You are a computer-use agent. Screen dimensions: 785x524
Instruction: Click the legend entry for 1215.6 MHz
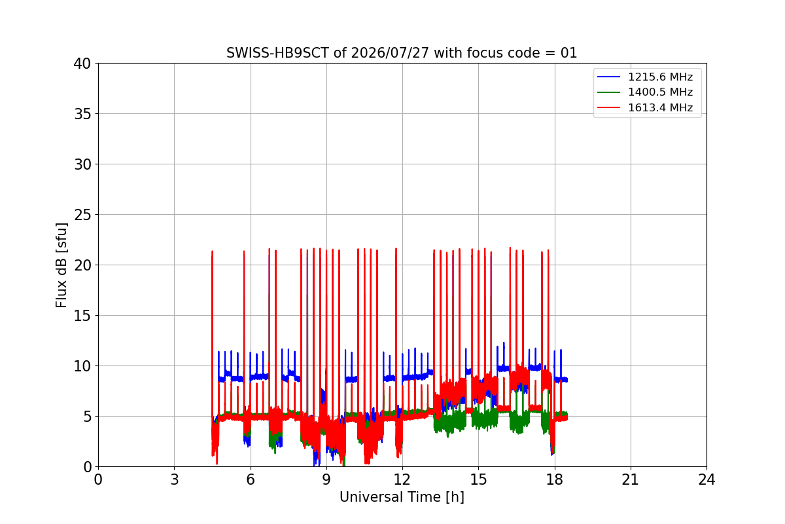click(x=645, y=77)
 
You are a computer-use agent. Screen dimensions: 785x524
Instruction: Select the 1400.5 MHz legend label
click(x=660, y=92)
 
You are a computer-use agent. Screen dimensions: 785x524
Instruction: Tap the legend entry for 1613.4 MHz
click(x=645, y=107)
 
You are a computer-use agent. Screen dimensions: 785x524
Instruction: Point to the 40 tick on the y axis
click(x=82, y=64)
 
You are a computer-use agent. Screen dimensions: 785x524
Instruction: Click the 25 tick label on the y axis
click(x=82, y=215)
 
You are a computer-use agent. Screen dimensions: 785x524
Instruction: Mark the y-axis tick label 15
click(x=82, y=316)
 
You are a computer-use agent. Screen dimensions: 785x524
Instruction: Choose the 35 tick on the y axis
click(x=82, y=114)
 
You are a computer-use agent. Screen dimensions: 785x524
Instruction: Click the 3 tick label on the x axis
click(x=175, y=479)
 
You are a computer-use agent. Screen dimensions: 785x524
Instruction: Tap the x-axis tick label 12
click(x=402, y=479)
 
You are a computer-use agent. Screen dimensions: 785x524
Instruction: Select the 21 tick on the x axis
click(x=631, y=479)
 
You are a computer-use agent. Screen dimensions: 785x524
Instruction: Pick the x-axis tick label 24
click(x=706, y=479)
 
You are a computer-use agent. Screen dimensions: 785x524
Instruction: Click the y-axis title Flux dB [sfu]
click(x=61, y=265)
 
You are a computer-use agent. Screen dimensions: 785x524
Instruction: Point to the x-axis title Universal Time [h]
click(x=402, y=497)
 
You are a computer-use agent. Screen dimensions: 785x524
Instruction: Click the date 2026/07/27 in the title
click(x=390, y=53)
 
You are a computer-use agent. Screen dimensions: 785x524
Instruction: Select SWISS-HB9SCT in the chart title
click(x=277, y=53)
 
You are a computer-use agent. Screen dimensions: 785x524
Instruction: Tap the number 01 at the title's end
click(x=568, y=53)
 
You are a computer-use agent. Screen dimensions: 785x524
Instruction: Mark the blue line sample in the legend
click(x=609, y=77)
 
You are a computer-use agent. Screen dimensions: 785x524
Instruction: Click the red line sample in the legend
click(x=609, y=107)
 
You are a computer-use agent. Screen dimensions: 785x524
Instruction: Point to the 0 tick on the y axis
click(x=87, y=467)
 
